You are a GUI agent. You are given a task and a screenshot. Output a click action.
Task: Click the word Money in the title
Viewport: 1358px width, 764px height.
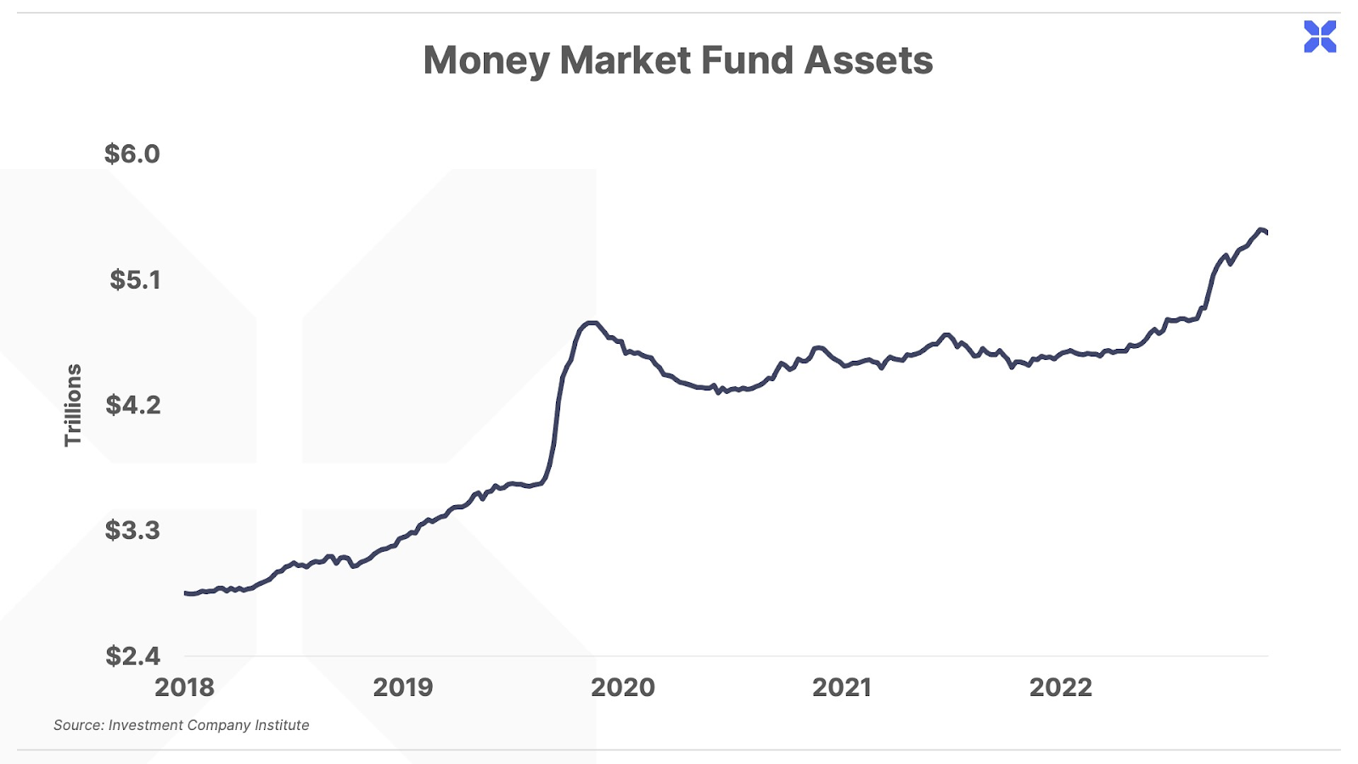point(486,61)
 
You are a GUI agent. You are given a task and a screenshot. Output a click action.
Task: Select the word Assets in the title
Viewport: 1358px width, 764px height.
point(868,61)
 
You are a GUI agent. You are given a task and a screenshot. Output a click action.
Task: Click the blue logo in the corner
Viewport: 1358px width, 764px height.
point(1320,37)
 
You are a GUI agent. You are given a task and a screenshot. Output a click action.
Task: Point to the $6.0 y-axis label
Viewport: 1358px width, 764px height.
point(132,154)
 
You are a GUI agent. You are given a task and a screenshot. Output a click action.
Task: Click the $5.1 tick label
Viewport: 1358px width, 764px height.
point(134,279)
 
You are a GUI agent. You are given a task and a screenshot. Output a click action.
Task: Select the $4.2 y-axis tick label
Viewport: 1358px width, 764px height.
point(132,405)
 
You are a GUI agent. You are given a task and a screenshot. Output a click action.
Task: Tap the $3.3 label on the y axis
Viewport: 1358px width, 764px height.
point(132,531)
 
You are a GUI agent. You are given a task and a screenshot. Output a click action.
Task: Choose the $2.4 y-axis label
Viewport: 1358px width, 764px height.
point(132,655)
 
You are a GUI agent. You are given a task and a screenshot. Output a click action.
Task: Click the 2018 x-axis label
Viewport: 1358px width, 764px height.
point(184,687)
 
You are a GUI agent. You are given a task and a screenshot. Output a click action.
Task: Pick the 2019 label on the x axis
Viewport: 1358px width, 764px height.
point(403,687)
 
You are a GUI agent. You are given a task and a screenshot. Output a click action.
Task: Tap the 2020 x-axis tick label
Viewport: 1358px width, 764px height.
point(623,687)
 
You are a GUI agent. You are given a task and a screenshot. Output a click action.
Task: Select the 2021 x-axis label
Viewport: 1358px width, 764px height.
point(842,687)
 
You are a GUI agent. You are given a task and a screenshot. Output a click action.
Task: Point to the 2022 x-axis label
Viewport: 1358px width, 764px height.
point(1061,687)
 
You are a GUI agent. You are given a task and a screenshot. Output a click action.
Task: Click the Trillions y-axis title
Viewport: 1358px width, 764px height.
point(73,405)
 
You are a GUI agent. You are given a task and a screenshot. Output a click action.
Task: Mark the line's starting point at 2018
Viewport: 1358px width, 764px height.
point(185,593)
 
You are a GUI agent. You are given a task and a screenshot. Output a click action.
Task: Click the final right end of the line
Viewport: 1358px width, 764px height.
point(1267,233)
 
